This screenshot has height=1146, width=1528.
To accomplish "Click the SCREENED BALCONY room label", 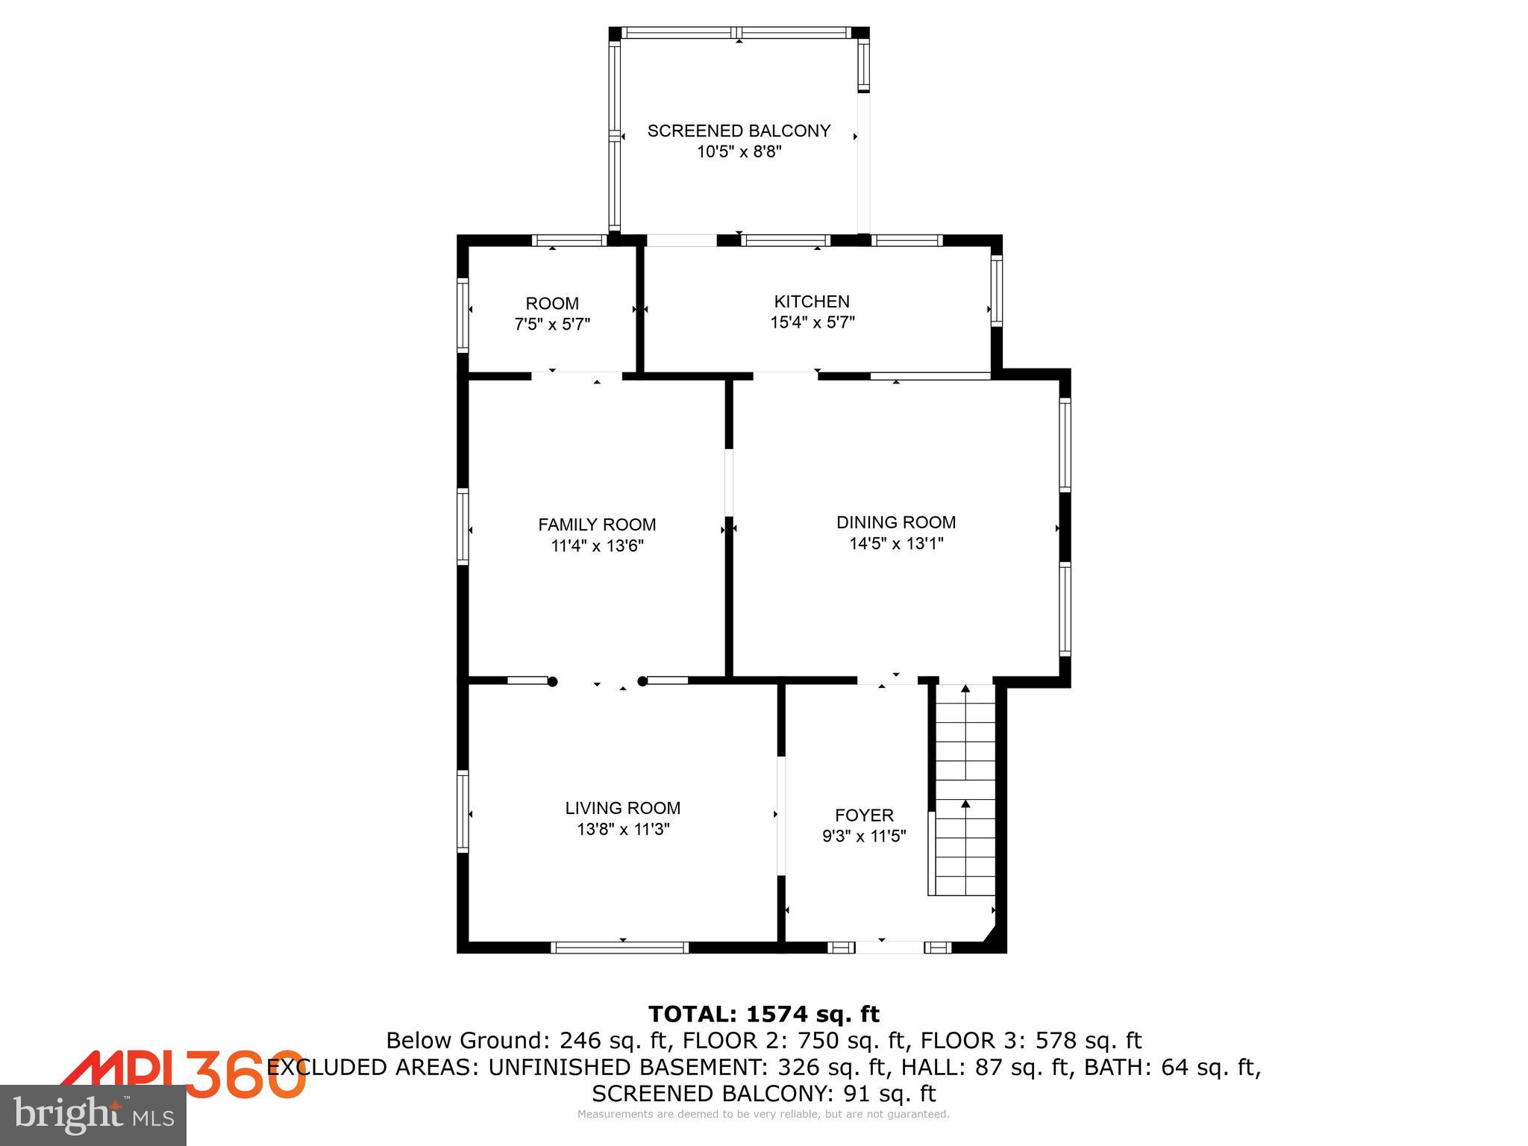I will [x=739, y=131].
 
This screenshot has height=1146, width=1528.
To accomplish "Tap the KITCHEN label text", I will [x=812, y=301].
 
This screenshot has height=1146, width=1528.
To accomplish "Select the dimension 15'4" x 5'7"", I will [x=812, y=323].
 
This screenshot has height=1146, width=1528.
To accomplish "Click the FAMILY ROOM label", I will [x=597, y=525].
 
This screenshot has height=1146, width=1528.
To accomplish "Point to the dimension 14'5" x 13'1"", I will [x=896, y=544].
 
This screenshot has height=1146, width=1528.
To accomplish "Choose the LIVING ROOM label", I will [x=622, y=808].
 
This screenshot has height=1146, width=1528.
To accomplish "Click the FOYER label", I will [x=864, y=815].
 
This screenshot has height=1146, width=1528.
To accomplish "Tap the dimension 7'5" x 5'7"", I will [x=552, y=325].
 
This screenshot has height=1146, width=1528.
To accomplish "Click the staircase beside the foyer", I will [x=965, y=791].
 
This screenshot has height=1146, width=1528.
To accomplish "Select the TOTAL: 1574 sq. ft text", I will [x=763, y=1015].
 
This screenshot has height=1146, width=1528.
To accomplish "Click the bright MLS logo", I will [x=93, y=1115].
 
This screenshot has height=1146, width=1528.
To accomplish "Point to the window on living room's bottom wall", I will [x=619, y=948].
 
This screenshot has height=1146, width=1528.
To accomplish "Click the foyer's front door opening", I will [x=889, y=948].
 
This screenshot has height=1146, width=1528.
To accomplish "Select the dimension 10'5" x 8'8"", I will [x=739, y=152].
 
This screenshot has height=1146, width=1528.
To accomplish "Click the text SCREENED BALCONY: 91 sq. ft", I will [x=763, y=1094].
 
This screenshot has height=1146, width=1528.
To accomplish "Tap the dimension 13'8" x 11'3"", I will [x=622, y=830].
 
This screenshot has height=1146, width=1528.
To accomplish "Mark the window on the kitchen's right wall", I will [x=996, y=291].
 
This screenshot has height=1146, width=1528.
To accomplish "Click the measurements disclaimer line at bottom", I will [x=763, y=1115].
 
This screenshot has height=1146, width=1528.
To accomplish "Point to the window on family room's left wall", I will [x=463, y=525].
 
